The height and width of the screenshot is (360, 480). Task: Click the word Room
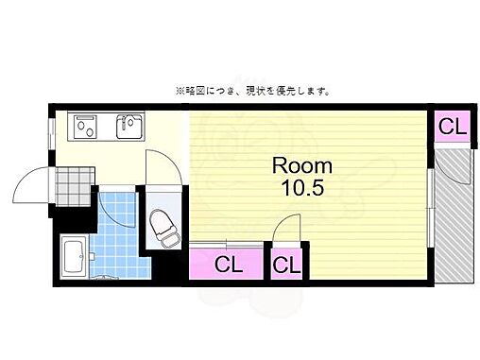point(302,165)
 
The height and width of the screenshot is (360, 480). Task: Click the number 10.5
point(302,187)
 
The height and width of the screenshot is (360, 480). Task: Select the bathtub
point(74,255)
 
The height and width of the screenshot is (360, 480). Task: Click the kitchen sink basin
point(129,126)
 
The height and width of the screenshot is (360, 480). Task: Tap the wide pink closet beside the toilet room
point(227,264)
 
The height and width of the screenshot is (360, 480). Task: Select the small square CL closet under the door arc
point(286,264)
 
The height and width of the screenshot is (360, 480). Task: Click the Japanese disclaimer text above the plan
point(251,92)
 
